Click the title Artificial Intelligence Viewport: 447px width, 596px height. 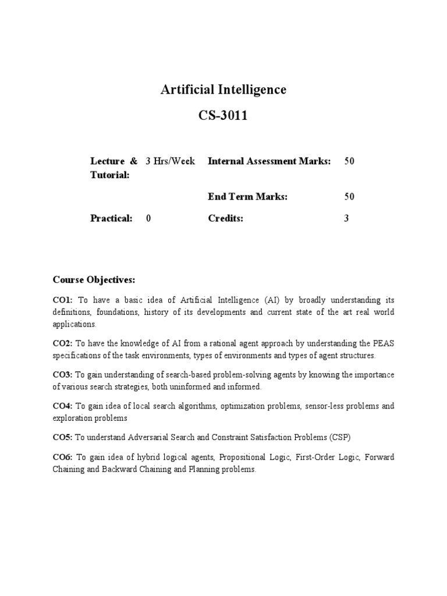(223, 90)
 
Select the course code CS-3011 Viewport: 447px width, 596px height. (223, 116)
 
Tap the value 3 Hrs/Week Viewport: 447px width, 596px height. (170, 161)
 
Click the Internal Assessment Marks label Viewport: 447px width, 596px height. (269, 161)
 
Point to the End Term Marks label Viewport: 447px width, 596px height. (248, 197)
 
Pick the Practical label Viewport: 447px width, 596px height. (111, 219)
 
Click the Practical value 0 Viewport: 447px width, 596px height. (148, 219)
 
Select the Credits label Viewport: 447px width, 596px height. (225, 219)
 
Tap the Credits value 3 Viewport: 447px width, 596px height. (346, 219)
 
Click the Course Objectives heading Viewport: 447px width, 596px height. (94, 281)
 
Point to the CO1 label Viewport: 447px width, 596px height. (62, 300)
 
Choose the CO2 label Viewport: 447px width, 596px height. (62, 344)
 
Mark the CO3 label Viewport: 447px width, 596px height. (62, 375)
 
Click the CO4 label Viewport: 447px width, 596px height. (62, 406)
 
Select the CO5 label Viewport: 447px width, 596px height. (62, 437)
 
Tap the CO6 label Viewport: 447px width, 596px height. (62, 457)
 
